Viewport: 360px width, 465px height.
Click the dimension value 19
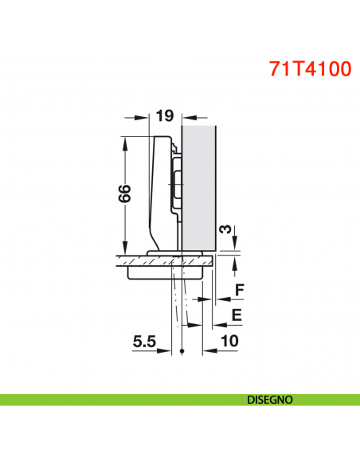tap(164, 116)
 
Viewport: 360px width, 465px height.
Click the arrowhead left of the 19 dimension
tap(145, 116)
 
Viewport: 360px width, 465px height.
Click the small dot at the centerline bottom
tap(183, 352)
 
